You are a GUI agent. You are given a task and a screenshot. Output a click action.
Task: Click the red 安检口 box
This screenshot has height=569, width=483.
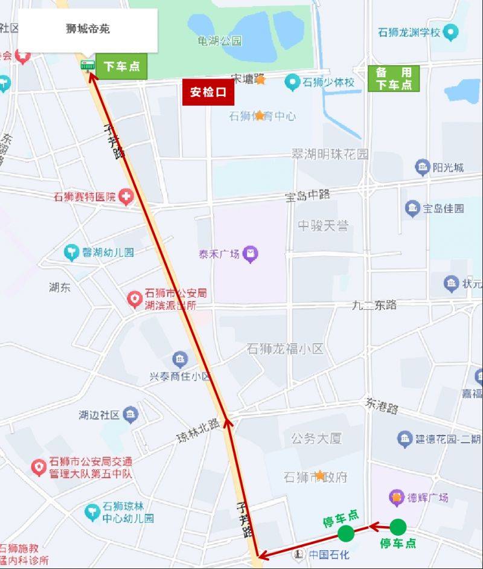[x=208, y=92]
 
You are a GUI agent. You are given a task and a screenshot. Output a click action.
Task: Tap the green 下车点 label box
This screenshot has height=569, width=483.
[x=121, y=66]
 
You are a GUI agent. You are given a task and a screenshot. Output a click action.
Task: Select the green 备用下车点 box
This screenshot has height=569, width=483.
[x=394, y=79]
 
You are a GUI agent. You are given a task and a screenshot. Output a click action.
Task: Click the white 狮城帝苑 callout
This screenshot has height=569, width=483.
[x=88, y=29]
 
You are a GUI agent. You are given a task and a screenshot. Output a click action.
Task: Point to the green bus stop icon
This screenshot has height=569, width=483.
[x=88, y=65]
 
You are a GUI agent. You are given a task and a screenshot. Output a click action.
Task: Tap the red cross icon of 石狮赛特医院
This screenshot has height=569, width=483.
[x=126, y=196]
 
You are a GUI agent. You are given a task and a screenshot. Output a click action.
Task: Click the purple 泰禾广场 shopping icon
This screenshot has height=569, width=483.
[x=251, y=254]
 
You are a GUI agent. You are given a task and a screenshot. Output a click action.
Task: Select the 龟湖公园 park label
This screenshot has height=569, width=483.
[x=220, y=41]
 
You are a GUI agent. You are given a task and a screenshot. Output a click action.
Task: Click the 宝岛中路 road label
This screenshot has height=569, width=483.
[x=308, y=195]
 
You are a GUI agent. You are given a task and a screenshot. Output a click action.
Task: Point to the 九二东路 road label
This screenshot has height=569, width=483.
[x=374, y=305]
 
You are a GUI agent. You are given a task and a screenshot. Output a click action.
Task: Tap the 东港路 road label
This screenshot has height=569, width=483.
[x=382, y=405]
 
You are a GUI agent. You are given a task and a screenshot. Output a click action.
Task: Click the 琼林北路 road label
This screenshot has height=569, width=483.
[x=197, y=429]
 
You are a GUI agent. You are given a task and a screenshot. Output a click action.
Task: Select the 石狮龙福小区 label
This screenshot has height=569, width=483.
[x=285, y=349]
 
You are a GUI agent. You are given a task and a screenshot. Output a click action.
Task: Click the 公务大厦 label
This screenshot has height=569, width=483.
[x=316, y=439]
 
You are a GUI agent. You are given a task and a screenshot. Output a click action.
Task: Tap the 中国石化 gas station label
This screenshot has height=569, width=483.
[x=329, y=554]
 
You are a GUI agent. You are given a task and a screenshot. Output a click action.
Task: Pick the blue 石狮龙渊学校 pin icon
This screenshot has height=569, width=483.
[x=450, y=32]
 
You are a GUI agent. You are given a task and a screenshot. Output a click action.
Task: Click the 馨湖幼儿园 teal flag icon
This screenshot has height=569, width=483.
[x=72, y=252]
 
